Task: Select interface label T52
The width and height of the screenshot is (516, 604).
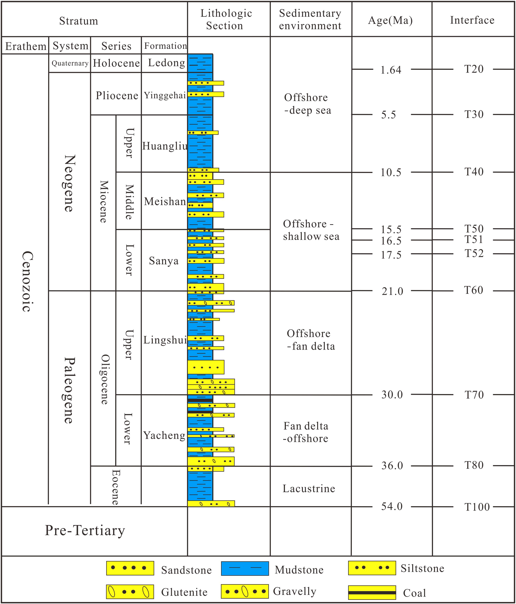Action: pyautogui.click(x=474, y=253)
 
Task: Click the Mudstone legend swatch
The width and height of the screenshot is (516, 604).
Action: pyautogui.click(x=245, y=568)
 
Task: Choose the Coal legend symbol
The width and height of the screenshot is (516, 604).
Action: pyautogui.click(x=372, y=592)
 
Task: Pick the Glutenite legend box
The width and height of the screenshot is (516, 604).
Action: pyautogui.click(x=130, y=592)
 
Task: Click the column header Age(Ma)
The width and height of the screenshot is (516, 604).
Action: pyautogui.click(x=390, y=20)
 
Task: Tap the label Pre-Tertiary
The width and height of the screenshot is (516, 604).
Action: pyautogui.click(x=85, y=530)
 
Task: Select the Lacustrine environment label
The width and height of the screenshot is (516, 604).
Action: pyautogui.click(x=309, y=488)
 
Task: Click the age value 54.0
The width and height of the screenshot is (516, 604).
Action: pyautogui.click(x=392, y=506)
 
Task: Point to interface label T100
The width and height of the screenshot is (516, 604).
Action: pyautogui.click(x=477, y=507)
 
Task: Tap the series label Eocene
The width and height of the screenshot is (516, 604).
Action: pyautogui.click(x=116, y=487)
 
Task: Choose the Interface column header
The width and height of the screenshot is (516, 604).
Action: pyautogui.click(x=472, y=20)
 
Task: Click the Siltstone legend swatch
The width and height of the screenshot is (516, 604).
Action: pyautogui.click(x=372, y=568)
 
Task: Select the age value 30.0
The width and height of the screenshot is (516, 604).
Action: pyautogui.click(x=392, y=395)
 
